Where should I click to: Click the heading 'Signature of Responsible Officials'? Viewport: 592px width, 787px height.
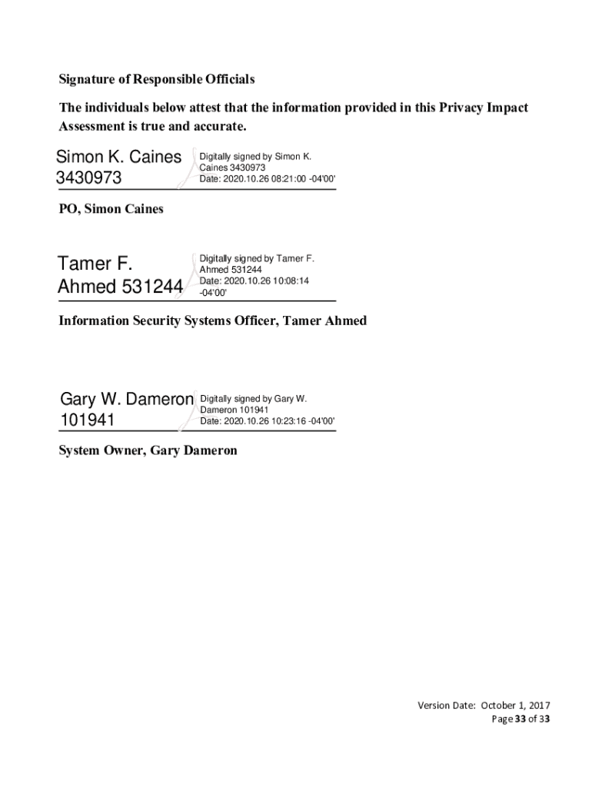[x=157, y=79]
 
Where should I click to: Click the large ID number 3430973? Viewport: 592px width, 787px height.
[x=88, y=179]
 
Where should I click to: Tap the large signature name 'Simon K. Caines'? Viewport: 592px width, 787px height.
[x=119, y=158]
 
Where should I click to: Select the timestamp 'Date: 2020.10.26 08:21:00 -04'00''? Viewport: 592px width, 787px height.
[x=268, y=178]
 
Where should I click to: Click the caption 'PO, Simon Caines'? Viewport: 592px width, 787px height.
[x=111, y=209]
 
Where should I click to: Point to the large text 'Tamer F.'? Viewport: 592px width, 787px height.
[x=95, y=265]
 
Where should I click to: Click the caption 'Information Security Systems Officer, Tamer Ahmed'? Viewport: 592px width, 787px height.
[x=213, y=320]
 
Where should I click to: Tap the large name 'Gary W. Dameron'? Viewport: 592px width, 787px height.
[x=127, y=400]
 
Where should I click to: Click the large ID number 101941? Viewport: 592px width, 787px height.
[x=87, y=421]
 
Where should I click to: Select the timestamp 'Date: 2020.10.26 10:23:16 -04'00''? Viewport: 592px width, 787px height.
[x=268, y=421]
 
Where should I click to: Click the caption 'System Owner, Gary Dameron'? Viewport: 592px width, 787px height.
[x=148, y=450]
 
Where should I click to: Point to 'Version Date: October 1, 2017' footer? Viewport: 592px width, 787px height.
[x=484, y=706]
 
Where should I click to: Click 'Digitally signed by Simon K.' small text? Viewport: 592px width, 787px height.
[x=255, y=157]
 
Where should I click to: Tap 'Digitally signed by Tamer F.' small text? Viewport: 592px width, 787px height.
[x=257, y=259]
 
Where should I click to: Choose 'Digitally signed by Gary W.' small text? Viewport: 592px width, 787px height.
[x=254, y=399]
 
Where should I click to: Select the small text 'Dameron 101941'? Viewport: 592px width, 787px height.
[x=234, y=410]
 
